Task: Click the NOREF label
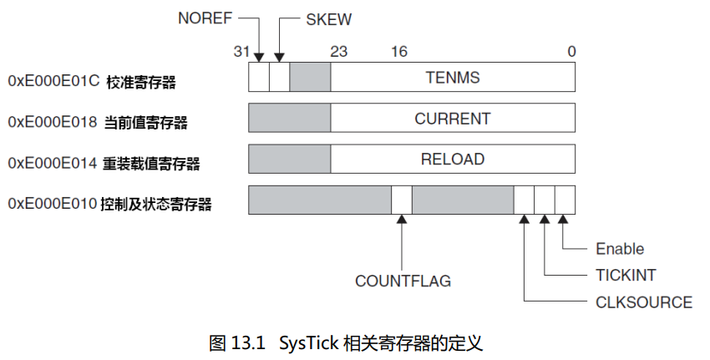click(x=205, y=18)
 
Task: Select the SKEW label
click(x=329, y=19)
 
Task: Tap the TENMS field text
click(x=453, y=78)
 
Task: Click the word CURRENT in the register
click(x=453, y=119)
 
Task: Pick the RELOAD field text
click(x=453, y=159)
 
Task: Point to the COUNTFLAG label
click(x=403, y=281)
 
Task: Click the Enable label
click(x=620, y=249)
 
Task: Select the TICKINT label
click(x=626, y=276)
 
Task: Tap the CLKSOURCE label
click(x=643, y=302)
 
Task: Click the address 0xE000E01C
click(x=53, y=81)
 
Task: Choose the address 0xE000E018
click(x=53, y=122)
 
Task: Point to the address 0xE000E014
click(x=53, y=163)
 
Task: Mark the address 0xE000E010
click(x=53, y=204)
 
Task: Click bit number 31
click(x=241, y=52)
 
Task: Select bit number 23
click(x=338, y=52)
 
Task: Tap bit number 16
click(x=399, y=52)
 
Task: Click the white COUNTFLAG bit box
click(x=402, y=200)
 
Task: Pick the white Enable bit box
click(x=565, y=200)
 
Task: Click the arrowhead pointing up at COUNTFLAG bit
click(x=402, y=219)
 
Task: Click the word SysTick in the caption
click(x=308, y=343)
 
